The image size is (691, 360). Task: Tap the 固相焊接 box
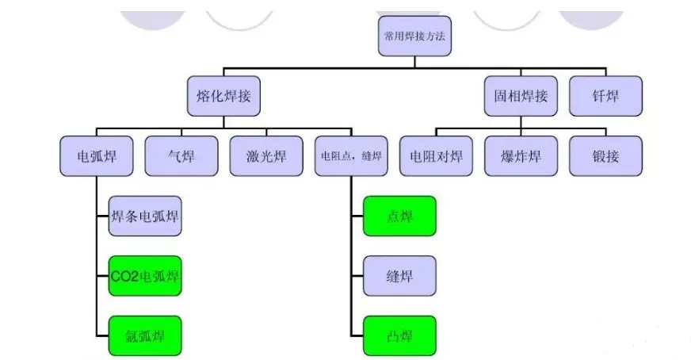(x=521, y=96)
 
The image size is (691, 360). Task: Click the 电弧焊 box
(x=96, y=156)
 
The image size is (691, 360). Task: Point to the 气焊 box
(x=181, y=156)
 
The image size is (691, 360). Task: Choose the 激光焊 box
(x=265, y=156)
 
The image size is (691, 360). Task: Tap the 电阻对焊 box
(x=436, y=156)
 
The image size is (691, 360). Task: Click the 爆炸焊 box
(x=521, y=156)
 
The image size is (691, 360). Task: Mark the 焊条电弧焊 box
(x=145, y=216)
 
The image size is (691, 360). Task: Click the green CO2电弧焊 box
(x=145, y=276)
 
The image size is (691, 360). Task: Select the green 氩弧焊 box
(x=145, y=335)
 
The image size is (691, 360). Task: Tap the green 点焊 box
(x=399, y=216)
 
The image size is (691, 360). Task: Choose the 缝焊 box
(x=399, y=276)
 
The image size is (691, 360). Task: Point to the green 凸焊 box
(x=399, y=335)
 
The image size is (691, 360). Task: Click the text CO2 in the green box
(x=124, y=277)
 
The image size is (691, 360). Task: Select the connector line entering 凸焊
(x=357, y=335)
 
